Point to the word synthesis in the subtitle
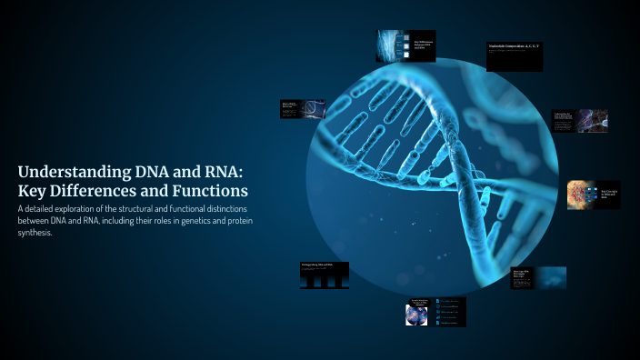35,233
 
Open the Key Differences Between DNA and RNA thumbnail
406,45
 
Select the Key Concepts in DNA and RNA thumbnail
594,195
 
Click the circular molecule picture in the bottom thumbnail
416,315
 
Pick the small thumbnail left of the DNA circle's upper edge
303,108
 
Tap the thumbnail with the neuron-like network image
578,121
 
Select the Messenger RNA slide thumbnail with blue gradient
538,277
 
